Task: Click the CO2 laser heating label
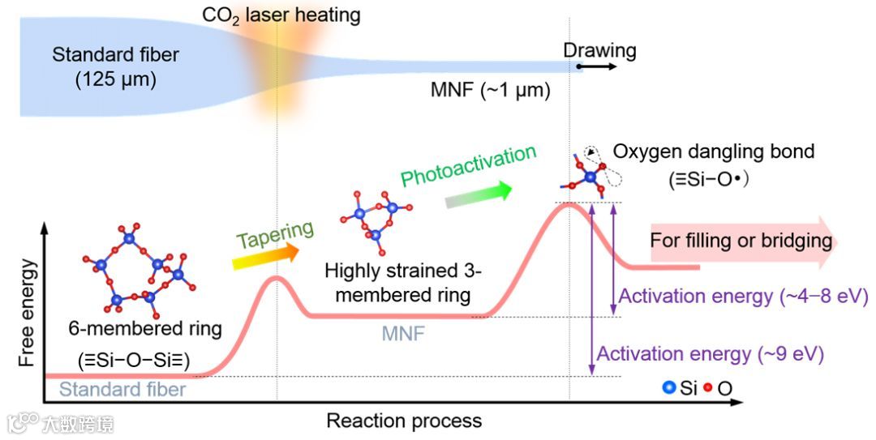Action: pos(281,15)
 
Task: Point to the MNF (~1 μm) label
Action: pos(490,90)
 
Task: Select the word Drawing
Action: pos(599,50)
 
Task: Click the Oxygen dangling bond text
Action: pos(713,152)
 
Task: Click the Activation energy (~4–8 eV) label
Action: pos(743,296)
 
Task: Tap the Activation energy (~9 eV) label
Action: pos(711,354)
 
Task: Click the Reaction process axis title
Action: pos(404,421)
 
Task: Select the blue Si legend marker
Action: pos(670,388)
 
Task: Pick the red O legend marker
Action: pos(707,388)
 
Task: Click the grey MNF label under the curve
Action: pos(403,332)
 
